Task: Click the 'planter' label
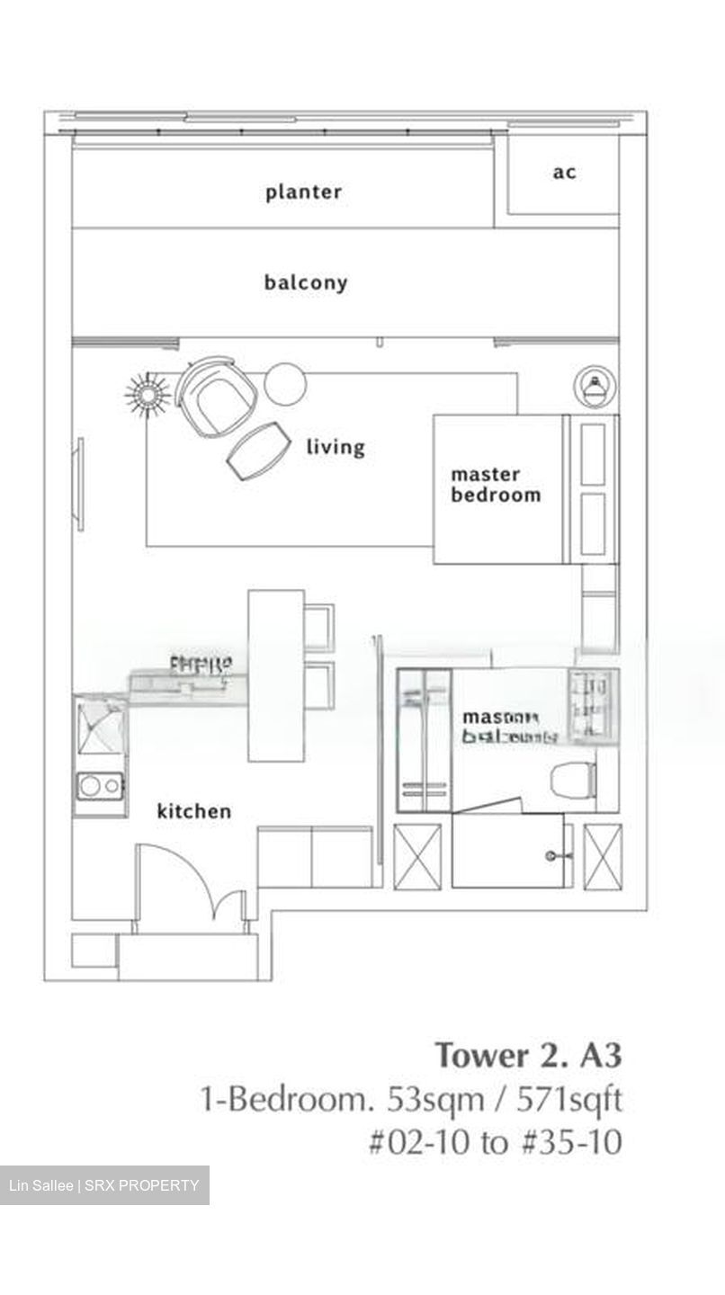click(x=303, y=192)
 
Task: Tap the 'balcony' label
click(x=305, y=282)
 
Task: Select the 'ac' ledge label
click(x=564, y=172)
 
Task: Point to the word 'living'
click(x=336, y=446)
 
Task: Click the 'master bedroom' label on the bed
click(x=496, y=485)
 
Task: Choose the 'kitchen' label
click(x=194, y=811)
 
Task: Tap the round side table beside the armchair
click(x=285, y=383)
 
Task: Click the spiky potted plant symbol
click(x=148, y=394)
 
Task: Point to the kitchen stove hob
click(x=99, y=786)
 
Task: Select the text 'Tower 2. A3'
click(x=528, y=1054)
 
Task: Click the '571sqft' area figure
click(x=571, y=1099)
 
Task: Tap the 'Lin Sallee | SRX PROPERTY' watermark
click(x=104, y=1185)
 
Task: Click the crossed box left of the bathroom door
click(x=418, y=856)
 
